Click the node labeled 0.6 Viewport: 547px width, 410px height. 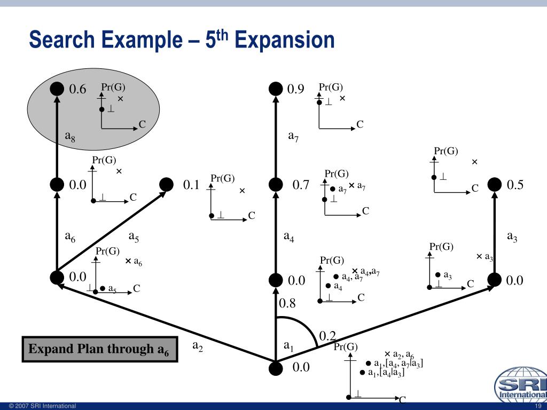57,89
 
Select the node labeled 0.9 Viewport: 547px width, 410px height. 276,89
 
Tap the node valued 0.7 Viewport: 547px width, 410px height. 276,184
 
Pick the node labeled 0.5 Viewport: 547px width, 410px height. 494,184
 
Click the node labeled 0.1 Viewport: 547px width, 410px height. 167,184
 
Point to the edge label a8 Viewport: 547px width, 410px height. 70,136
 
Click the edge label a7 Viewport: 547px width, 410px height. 293,136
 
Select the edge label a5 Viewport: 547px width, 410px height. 134,237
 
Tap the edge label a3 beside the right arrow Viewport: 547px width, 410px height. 512,237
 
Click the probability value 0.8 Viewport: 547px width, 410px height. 287,303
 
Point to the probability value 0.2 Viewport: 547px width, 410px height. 327,336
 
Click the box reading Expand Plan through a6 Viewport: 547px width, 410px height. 100,349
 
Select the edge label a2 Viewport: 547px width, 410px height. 198,346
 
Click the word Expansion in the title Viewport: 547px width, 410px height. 285,40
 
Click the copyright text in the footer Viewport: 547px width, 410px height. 43,406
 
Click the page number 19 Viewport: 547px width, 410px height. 538,406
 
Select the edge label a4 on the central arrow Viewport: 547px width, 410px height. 289,237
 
